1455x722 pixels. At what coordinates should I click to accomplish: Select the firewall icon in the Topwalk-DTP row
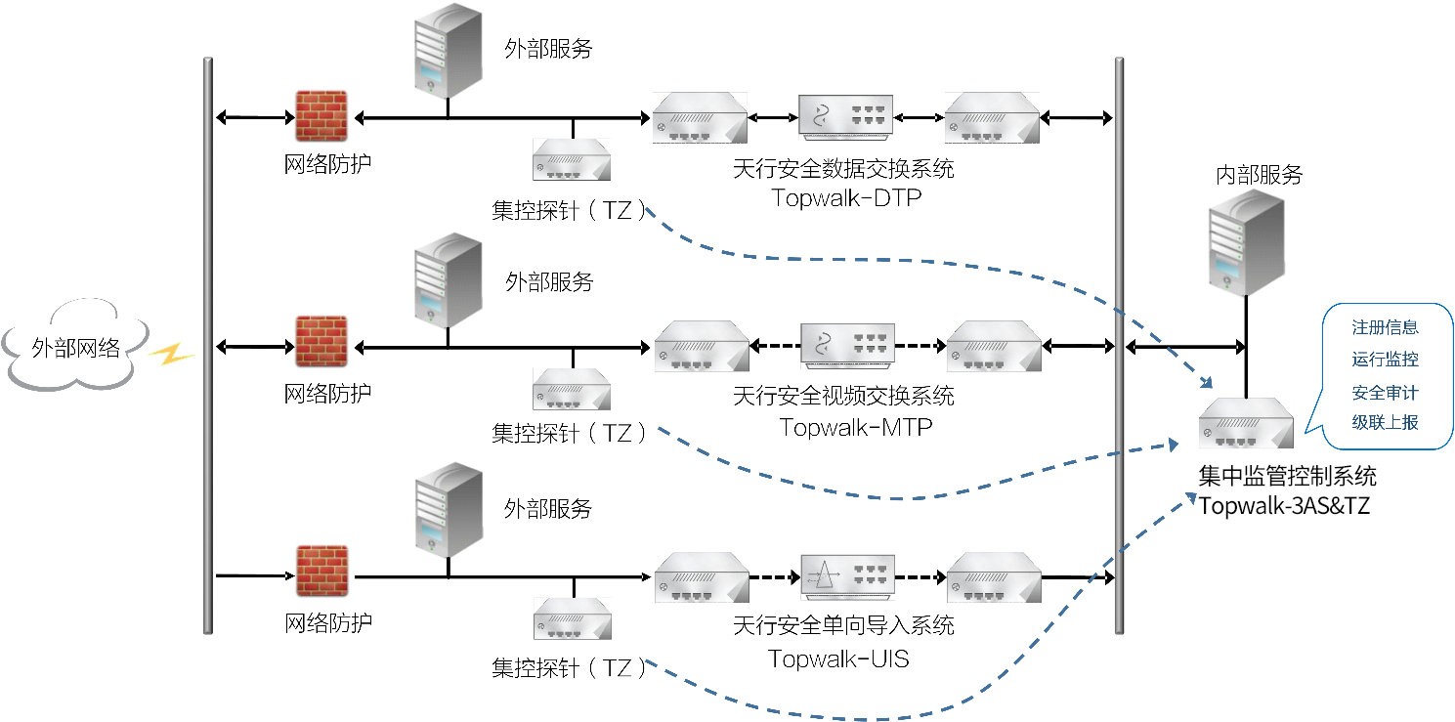(322, 117)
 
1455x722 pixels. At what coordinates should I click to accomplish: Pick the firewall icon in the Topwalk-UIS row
(322, 573)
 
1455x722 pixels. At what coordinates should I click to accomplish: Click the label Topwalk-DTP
(846, 198)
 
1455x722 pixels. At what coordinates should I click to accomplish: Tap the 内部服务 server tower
(1245, 240)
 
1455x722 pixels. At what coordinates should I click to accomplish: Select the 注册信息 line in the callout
(1385, 327)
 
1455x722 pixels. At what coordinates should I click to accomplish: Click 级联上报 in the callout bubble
(1385, 422)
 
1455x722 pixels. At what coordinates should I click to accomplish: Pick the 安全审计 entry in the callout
(1385, 392)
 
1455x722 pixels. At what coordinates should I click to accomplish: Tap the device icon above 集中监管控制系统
(1247, 423)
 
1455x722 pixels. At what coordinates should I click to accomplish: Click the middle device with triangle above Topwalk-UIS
(844, 573)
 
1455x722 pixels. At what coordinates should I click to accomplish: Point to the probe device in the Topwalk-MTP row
(572, 389)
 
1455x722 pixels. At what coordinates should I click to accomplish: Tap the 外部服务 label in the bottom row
(548, 509)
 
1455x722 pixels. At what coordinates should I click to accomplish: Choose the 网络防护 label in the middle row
(327, 394)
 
